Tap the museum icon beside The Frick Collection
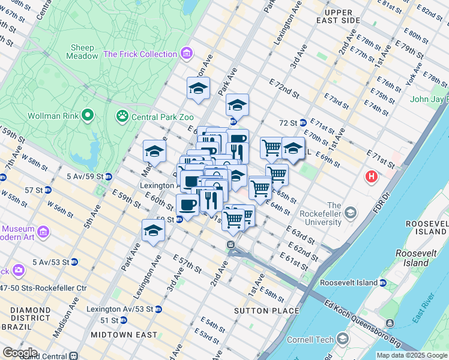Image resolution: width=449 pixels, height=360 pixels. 186,54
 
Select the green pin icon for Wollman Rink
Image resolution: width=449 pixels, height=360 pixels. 88,114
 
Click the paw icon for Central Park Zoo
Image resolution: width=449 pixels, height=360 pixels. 122,114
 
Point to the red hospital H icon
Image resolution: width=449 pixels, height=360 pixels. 372,177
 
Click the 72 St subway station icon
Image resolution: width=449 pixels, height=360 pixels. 304,122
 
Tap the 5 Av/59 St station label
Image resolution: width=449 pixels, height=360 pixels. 85,176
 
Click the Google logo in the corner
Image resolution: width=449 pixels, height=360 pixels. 20,352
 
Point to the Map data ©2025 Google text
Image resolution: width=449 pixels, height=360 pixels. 411,355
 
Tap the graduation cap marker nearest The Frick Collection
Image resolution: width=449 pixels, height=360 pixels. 198,89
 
